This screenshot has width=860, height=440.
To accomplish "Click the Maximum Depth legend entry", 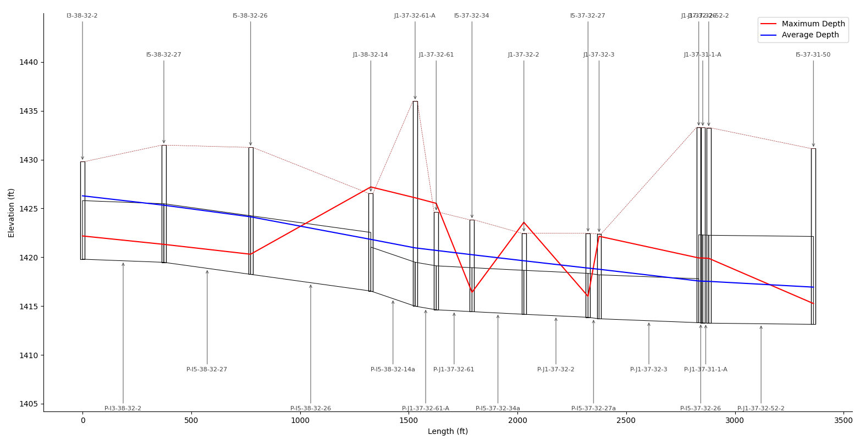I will pyautogui.click(x=813, y=24).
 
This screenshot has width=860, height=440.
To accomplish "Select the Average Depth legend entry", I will pyautogui.click(x=810, y=35).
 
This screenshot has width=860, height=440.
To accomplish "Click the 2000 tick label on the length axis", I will pyautogui.click(x=517, y=421).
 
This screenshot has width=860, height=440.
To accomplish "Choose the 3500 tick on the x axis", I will pyautogui.click(x=844, y=421).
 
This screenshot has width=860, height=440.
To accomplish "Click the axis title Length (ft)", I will pyautogui.click(x=448, y=432).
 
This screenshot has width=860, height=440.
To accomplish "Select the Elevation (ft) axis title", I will pyautogui.click(x=12, y=213).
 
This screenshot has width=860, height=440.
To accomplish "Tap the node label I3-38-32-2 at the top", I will pyautogui.click(x=82, y=16).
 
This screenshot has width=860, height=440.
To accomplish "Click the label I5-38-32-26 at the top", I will pyautogui.click(x=250, y=16).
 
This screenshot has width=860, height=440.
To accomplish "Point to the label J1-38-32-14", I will pyautogui.click(x=371, y=55).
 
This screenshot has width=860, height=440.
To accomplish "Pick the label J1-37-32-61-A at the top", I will pyautogui.click(x=415, y=16).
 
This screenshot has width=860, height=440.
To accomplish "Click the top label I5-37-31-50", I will pyautogui.click(x=813, y=55).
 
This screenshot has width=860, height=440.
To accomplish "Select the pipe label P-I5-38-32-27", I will pyautogui.click(x=207, y=370).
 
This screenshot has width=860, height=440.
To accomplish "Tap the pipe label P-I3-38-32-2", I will pyautogui.click(x=123, y=409).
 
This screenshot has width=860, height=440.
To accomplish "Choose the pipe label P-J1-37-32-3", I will pyautogui.click(x=648, y=370).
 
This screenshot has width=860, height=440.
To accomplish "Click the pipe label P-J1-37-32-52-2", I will pyautogui.click(x=760, y=409).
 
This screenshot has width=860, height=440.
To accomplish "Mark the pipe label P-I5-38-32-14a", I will pyautogui.click(x=393, y=370).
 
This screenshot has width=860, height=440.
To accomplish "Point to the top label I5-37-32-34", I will pyautogui.click(x=471, y=16).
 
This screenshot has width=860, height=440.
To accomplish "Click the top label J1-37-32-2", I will pyautogui.click(x=523, y=55).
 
